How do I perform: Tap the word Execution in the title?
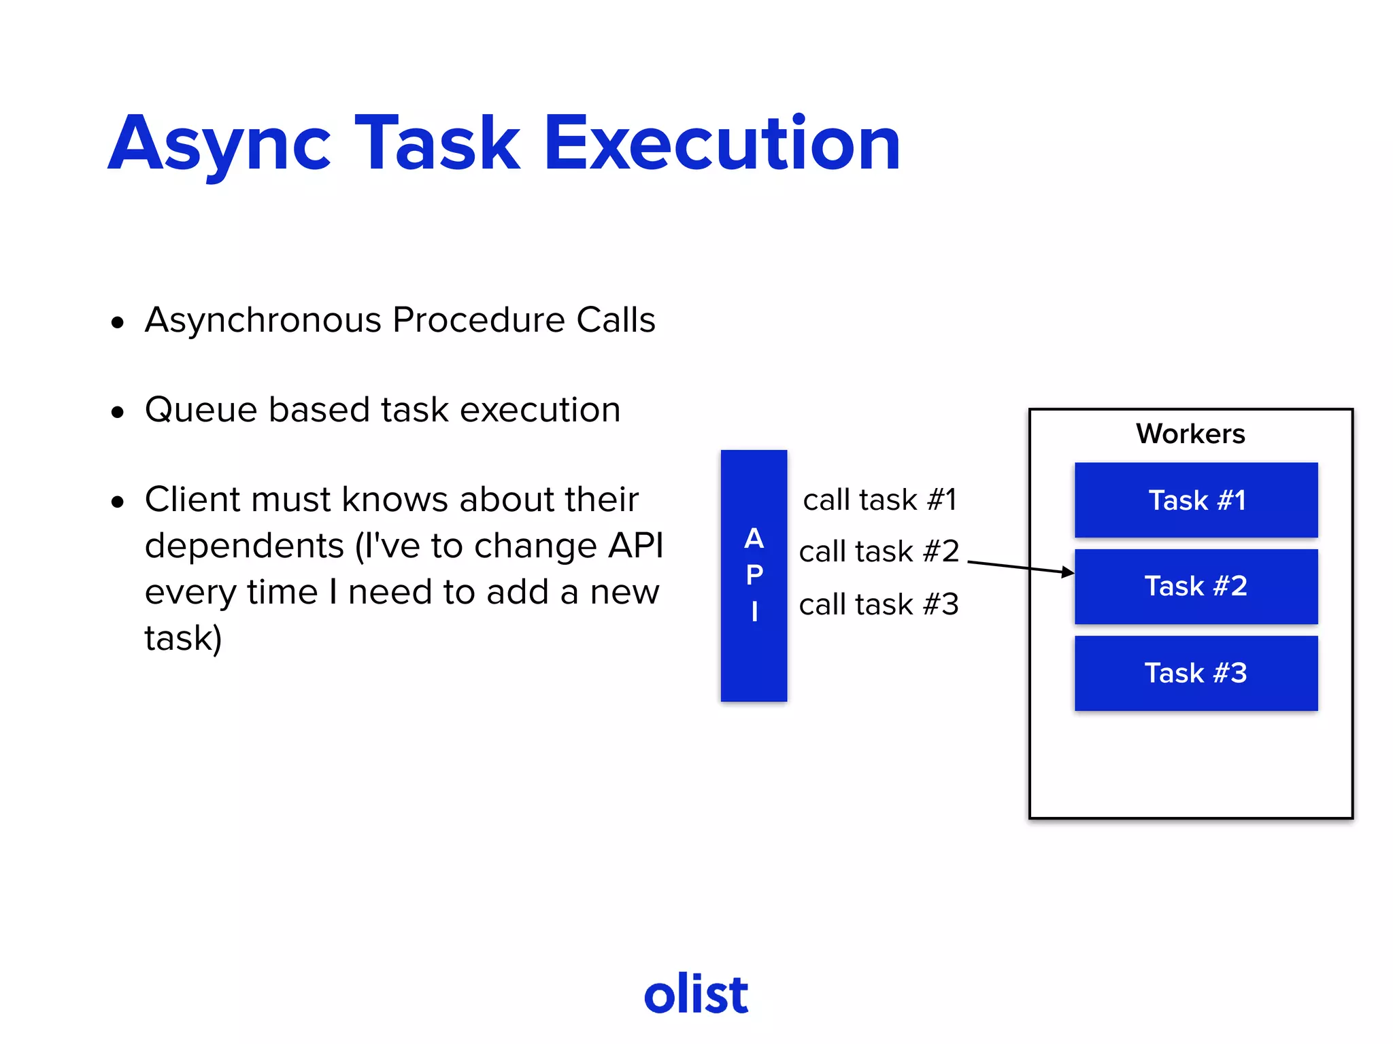722,144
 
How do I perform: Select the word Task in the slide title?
437,144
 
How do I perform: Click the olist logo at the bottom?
696,994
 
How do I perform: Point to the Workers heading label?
1190,434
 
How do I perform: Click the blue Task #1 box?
1196,500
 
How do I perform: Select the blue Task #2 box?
1196,587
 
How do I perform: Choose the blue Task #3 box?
1196,674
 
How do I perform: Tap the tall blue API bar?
754,652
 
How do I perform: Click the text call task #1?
879,500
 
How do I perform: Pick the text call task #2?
879,551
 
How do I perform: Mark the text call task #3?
879,604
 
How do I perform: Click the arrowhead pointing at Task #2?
1068,572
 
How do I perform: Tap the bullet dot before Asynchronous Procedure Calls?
118,322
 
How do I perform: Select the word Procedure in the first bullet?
478,320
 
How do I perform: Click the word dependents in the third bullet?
244,546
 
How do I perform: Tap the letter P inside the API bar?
754,575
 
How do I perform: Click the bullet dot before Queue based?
118,412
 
